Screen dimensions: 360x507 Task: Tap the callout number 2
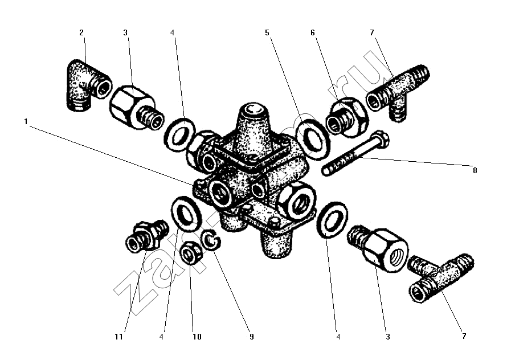point(81,32)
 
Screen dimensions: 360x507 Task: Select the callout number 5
point(267,32)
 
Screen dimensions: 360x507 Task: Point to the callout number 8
point(474,170)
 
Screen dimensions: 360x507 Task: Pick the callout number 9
point(250,337)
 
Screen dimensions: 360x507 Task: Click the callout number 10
point(197,337)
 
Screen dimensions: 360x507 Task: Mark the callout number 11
point(118,337)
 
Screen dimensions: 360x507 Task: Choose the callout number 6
point(313,32)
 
